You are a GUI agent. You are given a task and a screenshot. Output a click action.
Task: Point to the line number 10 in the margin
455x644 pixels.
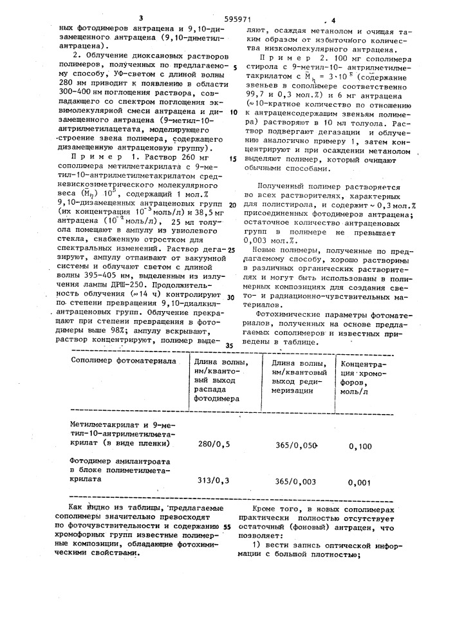click(234, 111)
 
